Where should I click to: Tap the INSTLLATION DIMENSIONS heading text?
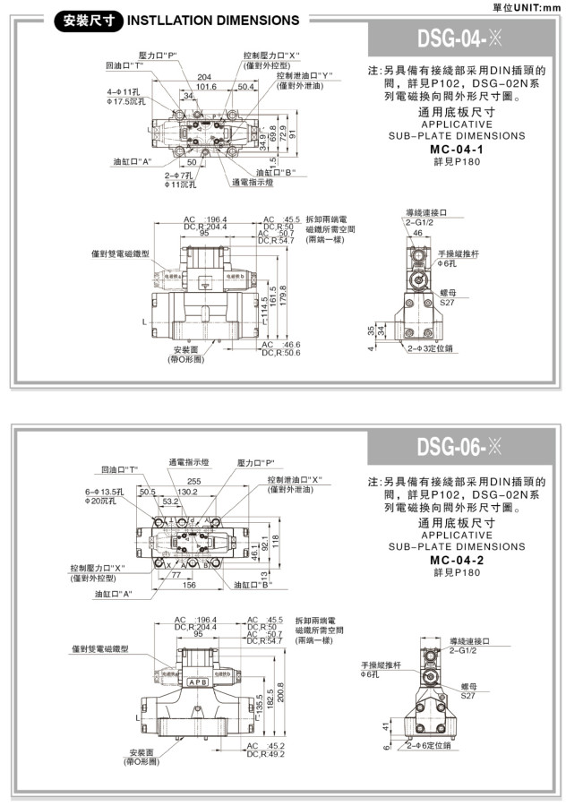click(x=214, y=20)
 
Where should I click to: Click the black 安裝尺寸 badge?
click(x=88, y=20)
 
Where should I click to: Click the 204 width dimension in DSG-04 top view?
click(x=204, y=78)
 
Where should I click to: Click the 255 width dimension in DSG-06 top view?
click(x=219, y=481)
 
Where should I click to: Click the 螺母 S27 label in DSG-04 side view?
click(x=448, y=298)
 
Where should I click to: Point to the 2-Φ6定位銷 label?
click(x=427, y=745)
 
